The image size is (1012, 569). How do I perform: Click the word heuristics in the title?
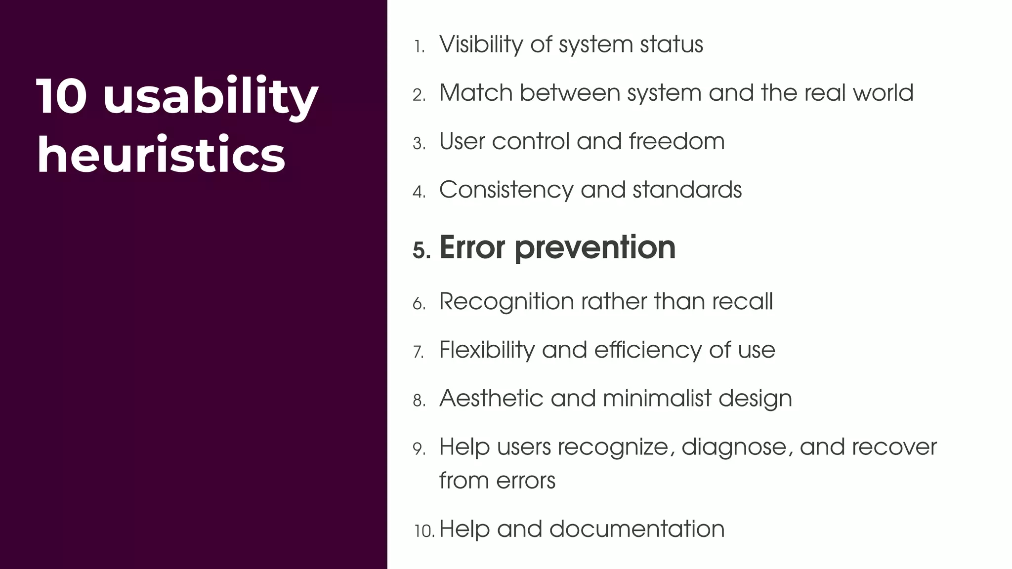coord(161,155)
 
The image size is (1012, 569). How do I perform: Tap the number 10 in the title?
coord(62,96)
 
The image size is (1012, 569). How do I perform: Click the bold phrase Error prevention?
coord(557,247)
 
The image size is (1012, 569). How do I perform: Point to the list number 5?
coord(421,251)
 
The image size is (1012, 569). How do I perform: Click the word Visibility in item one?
coord(481,44)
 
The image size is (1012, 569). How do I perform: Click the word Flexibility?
coord(487,350)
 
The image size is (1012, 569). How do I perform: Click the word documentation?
coord(636,529)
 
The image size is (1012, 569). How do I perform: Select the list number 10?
coord(424,531)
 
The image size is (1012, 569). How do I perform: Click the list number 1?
coord(419,47)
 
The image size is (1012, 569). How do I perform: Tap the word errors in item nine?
coord(526,481)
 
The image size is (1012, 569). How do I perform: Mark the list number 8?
coord(419,401)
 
